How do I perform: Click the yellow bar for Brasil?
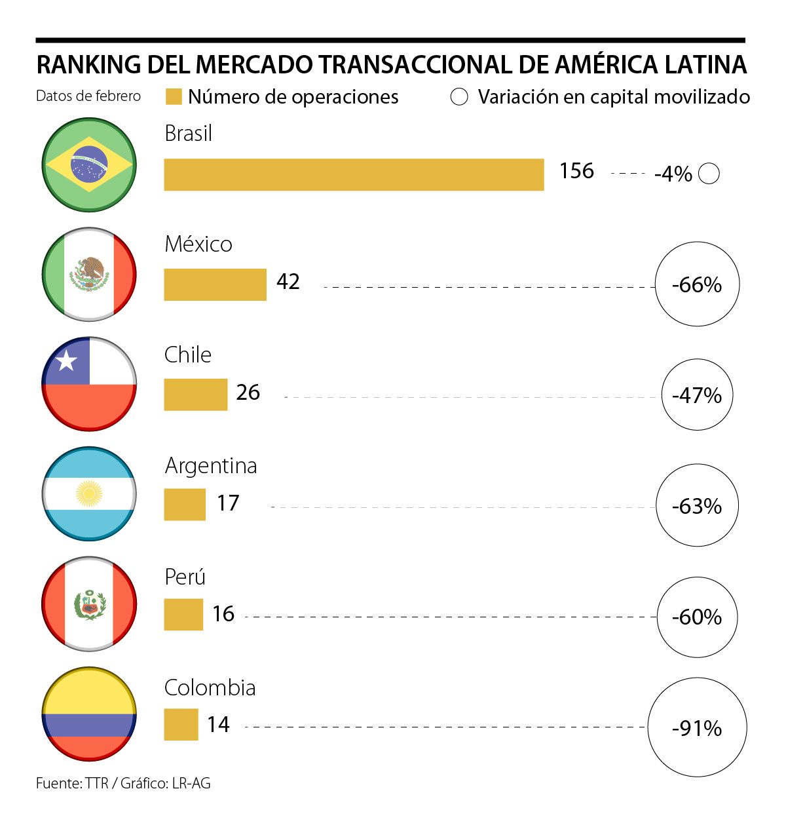click(x=354, y=175)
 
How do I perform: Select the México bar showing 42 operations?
click(x=215, y=285)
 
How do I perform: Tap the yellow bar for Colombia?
click(x=181, y=725)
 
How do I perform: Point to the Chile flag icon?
click(x=89, y=384)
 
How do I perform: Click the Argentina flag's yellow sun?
click(x=89, y=493)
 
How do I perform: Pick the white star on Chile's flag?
click(x=66, y=360)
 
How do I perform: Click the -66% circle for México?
click(x=697, y=285)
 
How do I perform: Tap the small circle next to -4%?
click(x=709, y=174)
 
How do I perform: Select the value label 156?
click(x=576, y=171)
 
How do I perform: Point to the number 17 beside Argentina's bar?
click(x=228, y=503)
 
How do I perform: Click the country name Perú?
click(x=185, y=577)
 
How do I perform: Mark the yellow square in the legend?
click(x=174, y=97)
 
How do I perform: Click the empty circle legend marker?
click(x=459, y=97)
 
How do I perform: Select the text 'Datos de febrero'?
click(x=88, y=96)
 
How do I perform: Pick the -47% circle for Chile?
click(x=697, y=395)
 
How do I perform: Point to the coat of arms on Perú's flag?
click(x=89, y=605)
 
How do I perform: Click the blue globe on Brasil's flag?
click(x=89, y=164)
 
